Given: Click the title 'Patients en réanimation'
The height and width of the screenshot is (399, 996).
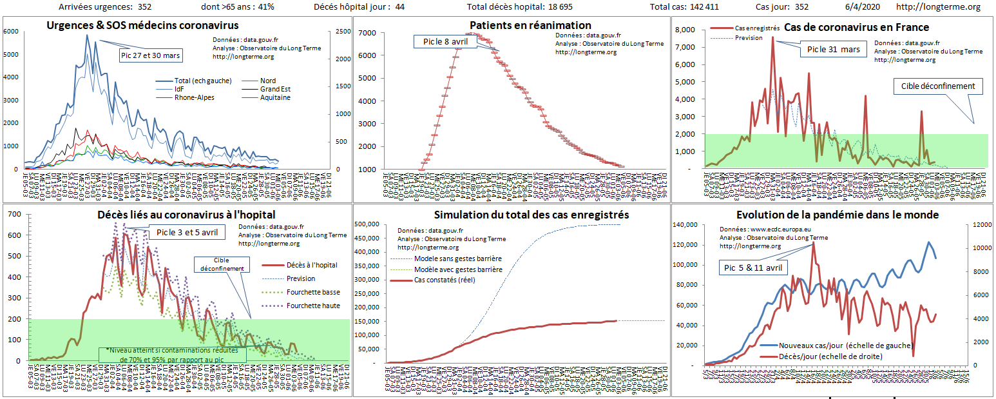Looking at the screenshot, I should tap(511, 26).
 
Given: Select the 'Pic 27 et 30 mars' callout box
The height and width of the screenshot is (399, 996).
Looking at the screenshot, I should tap(151, 55).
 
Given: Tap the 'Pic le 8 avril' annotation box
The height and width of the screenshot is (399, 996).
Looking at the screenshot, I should tap(445, 41).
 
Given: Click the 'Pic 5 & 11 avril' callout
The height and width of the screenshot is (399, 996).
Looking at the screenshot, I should tap(752, 268).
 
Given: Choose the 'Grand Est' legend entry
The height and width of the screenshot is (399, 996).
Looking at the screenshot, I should tap(274, 88).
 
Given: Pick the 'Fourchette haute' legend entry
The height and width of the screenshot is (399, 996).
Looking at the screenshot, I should tap(313, 306).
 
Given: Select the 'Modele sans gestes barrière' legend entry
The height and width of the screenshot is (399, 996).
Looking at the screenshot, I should tap(457, 258).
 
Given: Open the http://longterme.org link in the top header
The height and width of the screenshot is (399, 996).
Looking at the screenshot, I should tap(938, 7).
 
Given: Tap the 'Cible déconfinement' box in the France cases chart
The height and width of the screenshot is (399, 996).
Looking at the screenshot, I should tap(938, 86).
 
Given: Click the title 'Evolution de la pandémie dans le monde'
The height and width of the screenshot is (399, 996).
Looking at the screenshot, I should tap(837, 215).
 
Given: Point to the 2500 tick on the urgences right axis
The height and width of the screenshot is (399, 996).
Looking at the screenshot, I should tap(342, 32).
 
